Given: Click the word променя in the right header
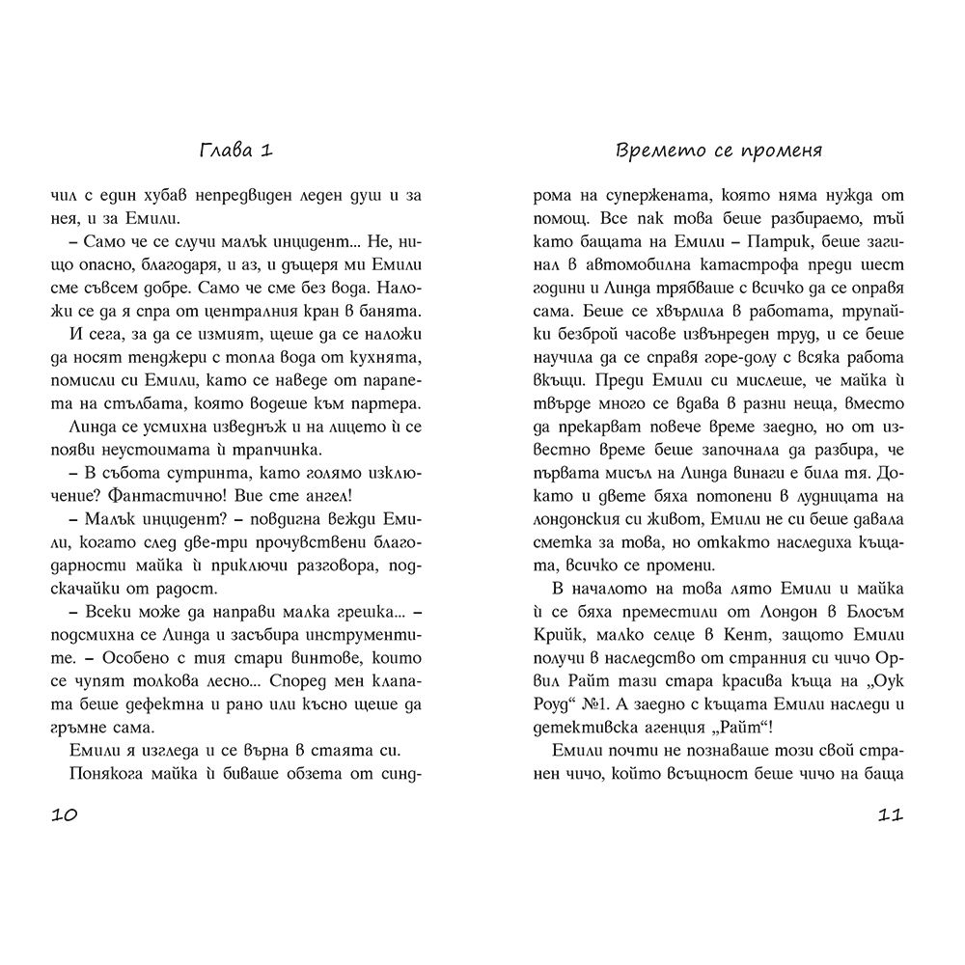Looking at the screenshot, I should coord(790,152).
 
